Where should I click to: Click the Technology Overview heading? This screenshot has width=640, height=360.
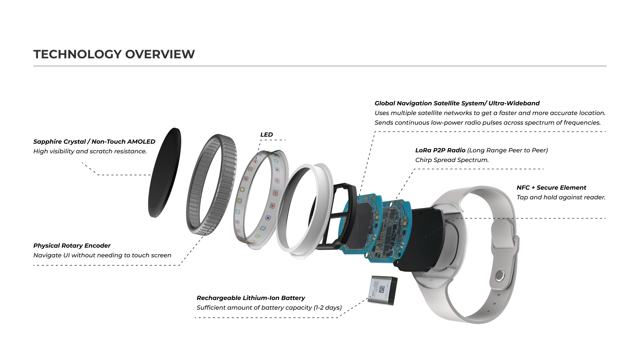pos(114,54)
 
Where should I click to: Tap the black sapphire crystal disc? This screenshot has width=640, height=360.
pos(164,173)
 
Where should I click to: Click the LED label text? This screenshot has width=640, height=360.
pos(267,135)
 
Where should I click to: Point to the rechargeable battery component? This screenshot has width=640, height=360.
pos(383,290)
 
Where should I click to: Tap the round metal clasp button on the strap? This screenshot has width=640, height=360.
pos(499,276)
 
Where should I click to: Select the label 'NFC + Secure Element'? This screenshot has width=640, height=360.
pos(551,188)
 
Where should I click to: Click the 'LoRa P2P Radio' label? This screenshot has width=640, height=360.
pos(440,150)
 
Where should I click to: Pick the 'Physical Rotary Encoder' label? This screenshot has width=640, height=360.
pos(72,246)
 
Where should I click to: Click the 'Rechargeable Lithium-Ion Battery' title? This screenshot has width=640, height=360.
pos(251,298)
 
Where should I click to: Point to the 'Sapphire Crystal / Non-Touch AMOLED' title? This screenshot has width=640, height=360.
pos(94,142)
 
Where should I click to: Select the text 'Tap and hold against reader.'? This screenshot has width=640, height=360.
pos(561,197)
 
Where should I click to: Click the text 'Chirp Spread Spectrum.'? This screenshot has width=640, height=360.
pos(452,160)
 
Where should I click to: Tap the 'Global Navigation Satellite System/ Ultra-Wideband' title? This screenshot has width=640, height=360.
pos(457,103)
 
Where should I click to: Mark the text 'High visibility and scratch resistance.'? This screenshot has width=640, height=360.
pos(90,151)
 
